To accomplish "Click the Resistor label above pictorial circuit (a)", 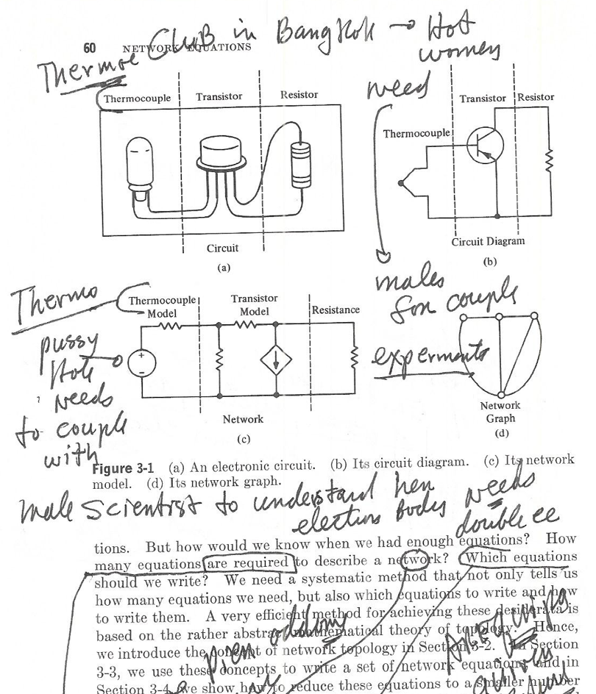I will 299,96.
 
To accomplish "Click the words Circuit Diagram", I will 490,243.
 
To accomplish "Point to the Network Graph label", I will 500,412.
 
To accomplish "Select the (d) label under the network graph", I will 501,433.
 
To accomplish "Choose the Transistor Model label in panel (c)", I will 253,305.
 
